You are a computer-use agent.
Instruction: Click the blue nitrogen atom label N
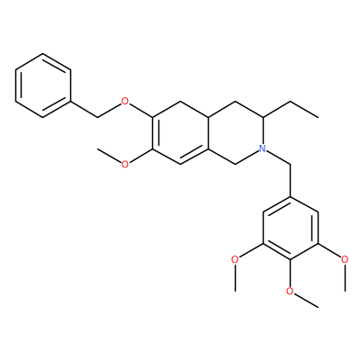[x=263, y=148]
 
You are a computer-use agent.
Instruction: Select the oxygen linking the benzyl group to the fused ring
[x=125, y=102]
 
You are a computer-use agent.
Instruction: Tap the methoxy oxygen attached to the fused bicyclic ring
[x=125, y=164]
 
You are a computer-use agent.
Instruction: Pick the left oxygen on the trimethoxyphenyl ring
[x=236, y=258]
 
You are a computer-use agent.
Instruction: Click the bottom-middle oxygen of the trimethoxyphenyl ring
[x=290, y=291]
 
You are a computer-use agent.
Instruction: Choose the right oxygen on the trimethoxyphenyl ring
[x=345, y=258]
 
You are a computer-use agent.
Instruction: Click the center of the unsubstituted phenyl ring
[x=43, y=85]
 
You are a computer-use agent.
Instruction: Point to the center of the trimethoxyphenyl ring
[x=291, y=228]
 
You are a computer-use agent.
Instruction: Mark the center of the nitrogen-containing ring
[x=236, y=132]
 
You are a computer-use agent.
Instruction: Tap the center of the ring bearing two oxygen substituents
[x=180, y=132]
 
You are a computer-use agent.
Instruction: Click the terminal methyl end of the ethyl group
[x=318, y=117]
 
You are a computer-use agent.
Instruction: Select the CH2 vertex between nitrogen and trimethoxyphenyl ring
[x=291, y=164]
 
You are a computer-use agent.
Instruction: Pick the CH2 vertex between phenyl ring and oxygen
[x=98, y=117]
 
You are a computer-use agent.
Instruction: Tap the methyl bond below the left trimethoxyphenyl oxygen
[x=236, y=277]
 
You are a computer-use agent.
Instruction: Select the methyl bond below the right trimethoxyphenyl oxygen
[x=346, y=277]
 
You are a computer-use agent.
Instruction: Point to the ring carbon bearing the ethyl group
[x=263, y=117]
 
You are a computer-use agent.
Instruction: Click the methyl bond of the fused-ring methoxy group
[x=109, y=155]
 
